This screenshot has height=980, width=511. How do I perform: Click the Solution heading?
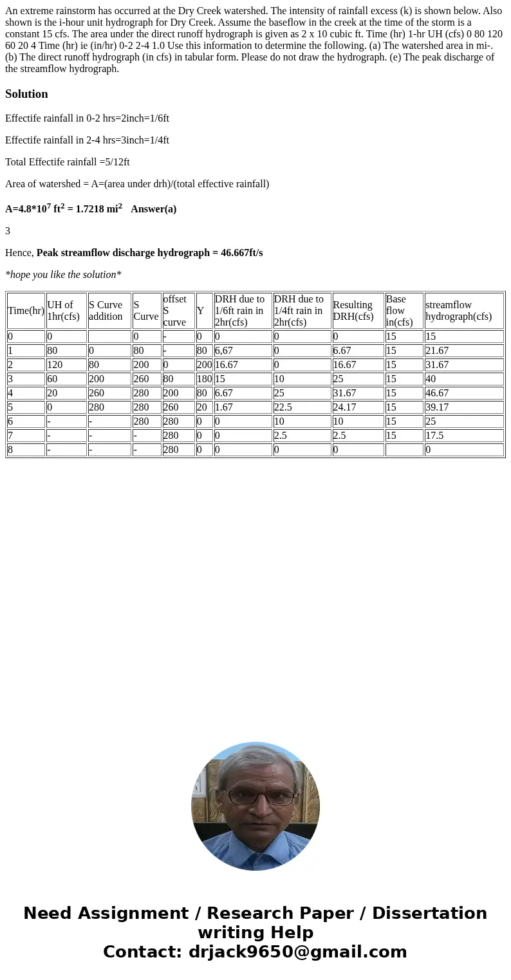pyautogui.click(x=26, y=94)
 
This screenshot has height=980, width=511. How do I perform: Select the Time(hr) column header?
pyautogui.click(x=26, y=311)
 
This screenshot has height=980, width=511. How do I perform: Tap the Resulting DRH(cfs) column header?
pyautogui.click(x=353, y=311)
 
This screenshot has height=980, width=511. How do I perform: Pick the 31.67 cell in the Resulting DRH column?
pyautogui.click(x=344, y=393)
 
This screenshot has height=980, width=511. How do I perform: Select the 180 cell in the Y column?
pyautogui.click(x=204, y=379)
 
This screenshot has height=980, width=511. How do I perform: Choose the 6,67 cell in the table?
pyautogui.click(x=223, y=351)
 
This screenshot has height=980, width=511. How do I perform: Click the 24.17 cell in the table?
pyautogui.click(x=344, y=407)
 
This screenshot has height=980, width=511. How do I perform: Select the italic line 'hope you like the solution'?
pyautogui.click(x=63, y=275)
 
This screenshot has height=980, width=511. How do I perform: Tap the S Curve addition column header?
pyautogui.click(x=106, y=311)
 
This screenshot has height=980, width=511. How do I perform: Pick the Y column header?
pyautogui.click(x=200, y=311)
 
